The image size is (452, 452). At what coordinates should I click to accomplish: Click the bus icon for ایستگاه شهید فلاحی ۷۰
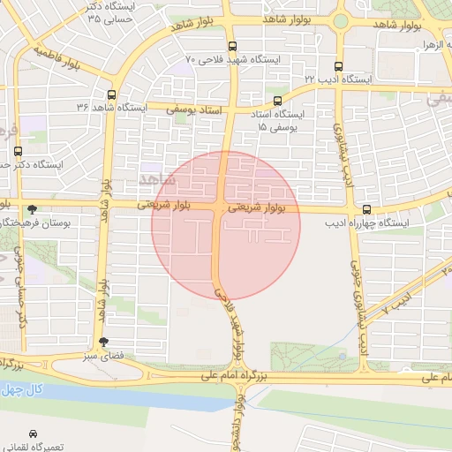click(x=232, y=47)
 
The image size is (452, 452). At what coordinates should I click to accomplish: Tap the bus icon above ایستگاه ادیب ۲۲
click(x=339, y=66)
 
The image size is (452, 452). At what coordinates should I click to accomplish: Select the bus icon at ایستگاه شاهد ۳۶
click(x=111, y=94)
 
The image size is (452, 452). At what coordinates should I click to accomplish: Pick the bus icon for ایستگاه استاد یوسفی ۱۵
click(x=278, y=102)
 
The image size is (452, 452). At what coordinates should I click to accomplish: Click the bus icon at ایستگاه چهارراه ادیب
click(x=366, y=209)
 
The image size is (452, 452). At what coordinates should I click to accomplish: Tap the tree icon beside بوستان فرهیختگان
click(x=33, y=209)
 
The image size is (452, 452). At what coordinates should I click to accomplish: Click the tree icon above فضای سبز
click(x=104, y=342)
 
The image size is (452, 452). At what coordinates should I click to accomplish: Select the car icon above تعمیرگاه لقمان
click(x=33, y=434)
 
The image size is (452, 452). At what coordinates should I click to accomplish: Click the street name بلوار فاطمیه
click(x=67, y=57)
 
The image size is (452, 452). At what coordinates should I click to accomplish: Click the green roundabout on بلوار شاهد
click(x=341, y=21)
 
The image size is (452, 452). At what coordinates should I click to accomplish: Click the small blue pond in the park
click(x=342, y=357)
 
